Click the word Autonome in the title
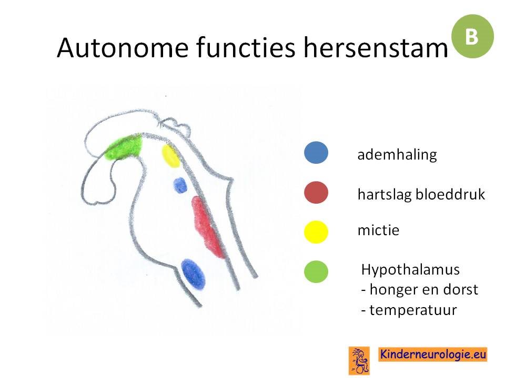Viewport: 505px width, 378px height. point(123,48)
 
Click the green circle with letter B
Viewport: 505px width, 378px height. point(472,36)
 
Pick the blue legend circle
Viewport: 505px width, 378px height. point(316,153)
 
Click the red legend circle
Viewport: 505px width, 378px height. point(316,193)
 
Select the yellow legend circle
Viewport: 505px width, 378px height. point(316,232)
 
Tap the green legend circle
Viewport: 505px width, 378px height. point(316,271)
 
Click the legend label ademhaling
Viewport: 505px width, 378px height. point(397,155)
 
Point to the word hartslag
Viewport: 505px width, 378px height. point(384,195)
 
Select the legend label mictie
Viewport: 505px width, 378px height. point(378,230)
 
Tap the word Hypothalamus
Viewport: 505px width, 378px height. point(410,270)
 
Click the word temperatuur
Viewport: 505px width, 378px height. point(413,310)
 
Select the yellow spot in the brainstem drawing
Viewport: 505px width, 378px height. point(170,156)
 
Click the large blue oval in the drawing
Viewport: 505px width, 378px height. point(193,273)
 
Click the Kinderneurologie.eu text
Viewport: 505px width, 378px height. point(433,354)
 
